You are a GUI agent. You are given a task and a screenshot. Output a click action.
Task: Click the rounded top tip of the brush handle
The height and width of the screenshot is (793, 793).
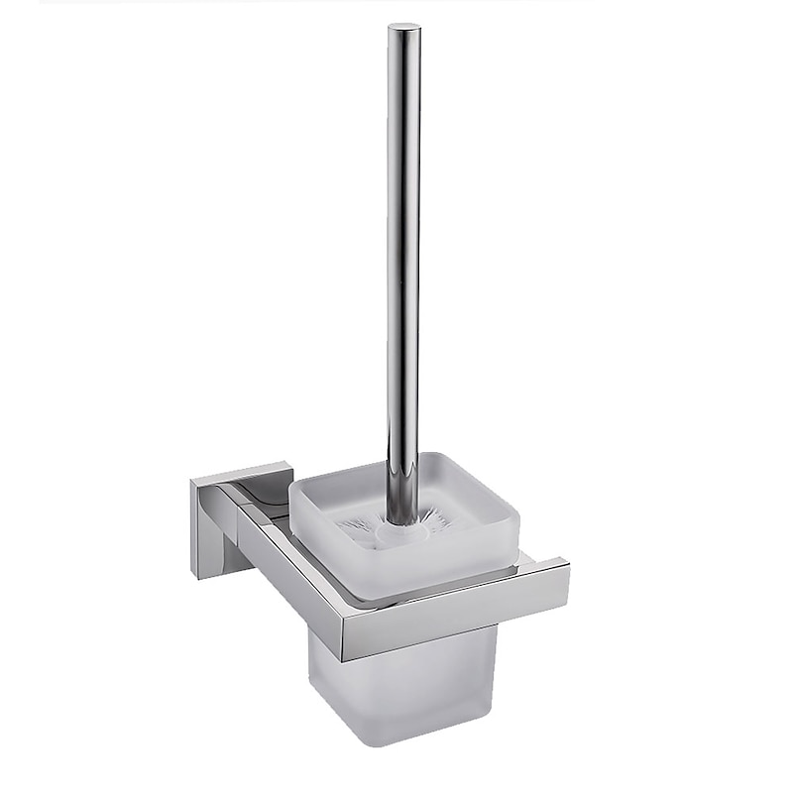(x=403, y=29)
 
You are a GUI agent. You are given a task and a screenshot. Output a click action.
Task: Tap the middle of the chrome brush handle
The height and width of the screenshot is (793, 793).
(x=403, y=268)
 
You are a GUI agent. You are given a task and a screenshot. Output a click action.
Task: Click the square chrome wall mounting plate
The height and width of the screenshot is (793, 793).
(x=210, y=525)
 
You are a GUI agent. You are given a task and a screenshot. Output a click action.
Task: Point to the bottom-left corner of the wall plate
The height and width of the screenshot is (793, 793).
(x=195, y=575)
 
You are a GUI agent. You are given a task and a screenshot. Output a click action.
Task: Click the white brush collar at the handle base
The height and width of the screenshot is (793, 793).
(x=401, y=525)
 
